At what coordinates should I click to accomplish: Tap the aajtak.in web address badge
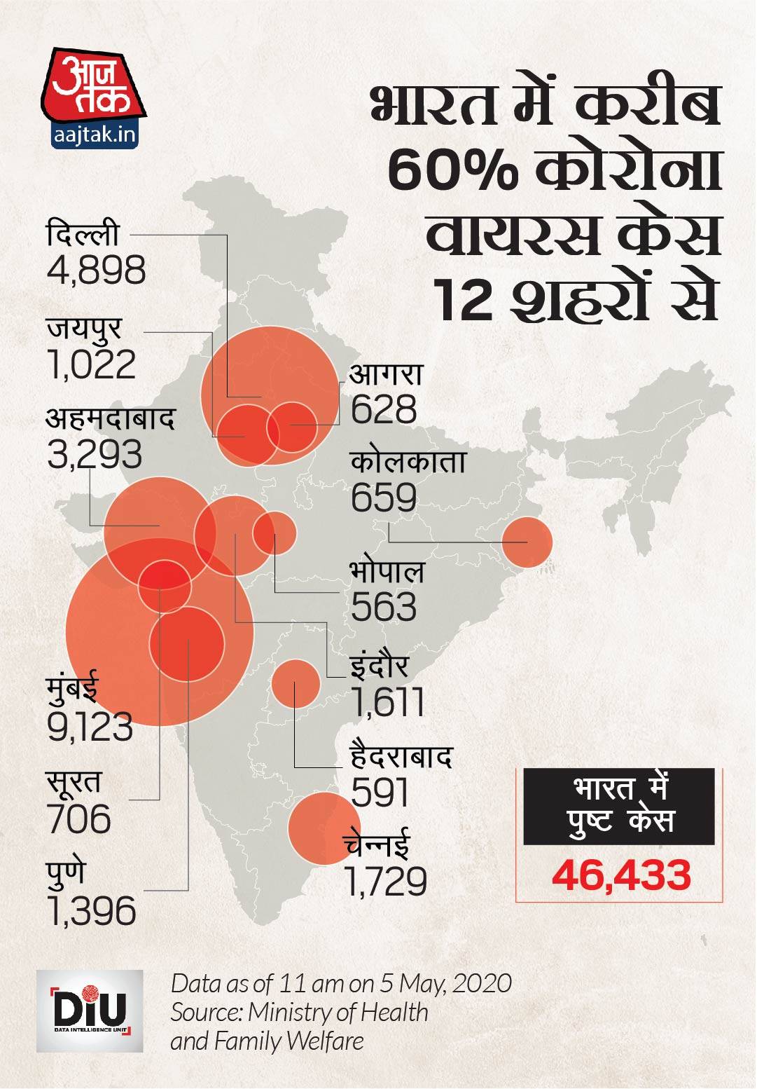pyautogui.click(x=95, y=134)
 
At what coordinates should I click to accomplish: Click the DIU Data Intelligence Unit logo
pyautogui.click(x=90, y=1010)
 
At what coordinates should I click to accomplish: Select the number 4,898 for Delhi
pyautogui.click(x=96, y=270)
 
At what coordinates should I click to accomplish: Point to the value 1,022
pyautogui.click(x=92, y=364)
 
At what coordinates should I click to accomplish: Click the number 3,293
pyautogui.click(x=95, y=455)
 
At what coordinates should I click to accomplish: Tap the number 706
pyautogui.click(x=78, y=819)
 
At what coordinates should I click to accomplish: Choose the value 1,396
pyautogui.click(x=92, y=911)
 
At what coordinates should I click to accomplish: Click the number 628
pyautogui.click(x=383, y=410)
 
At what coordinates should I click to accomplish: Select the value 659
pyautogui.click(x=383, y=498)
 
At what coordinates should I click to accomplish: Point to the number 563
pyautogui.click(x=383, y=607)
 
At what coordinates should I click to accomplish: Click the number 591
pyautogui.click(x=380, y=793)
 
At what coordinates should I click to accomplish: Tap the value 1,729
pyautogui.click(x=386, y=882)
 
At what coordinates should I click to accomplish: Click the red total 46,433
pyautogui.click(x=621, y=875)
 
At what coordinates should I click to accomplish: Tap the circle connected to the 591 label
pyautogui.click(x=296, y=683)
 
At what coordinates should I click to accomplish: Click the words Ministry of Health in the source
pyautogui.click(x=338, y=1012)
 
